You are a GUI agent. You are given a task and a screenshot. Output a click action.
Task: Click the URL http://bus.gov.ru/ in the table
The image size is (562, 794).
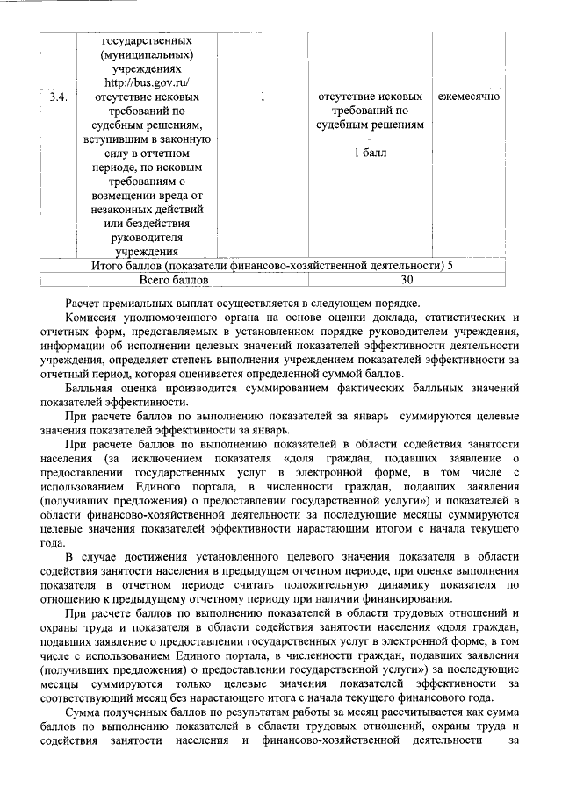click(x=147, y=83)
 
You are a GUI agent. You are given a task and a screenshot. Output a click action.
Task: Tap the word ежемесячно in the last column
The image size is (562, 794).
click(x=469, y=96)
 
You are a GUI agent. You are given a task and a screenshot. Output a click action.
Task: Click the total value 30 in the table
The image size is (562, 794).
click(x=406, y=281)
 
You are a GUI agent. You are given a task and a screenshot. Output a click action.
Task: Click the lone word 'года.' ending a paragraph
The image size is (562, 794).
click(x=54, y=543)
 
